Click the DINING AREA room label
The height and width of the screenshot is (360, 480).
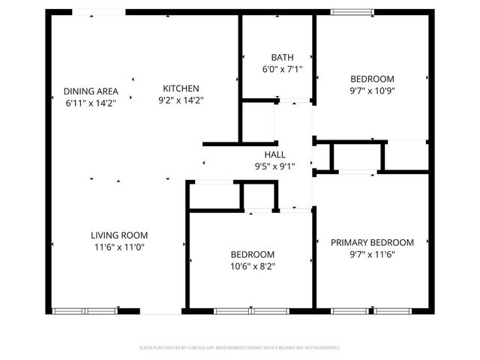click(90, 91)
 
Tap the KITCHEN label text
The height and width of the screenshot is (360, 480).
click(180, 88)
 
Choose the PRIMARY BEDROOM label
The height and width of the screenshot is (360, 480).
click(372, 242)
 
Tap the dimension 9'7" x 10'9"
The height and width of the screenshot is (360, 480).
click(372, 91)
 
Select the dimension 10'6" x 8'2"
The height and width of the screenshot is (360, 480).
click(251, 266)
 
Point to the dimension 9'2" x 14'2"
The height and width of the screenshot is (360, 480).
click(180, 100)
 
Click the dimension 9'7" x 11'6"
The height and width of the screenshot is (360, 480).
click(372, 254)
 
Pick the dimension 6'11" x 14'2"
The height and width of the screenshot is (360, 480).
click(90, 103)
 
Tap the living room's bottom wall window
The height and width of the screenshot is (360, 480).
click(84, 310)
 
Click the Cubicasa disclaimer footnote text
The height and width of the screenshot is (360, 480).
click(240, 348)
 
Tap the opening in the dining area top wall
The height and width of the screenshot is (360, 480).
click(98, 12)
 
